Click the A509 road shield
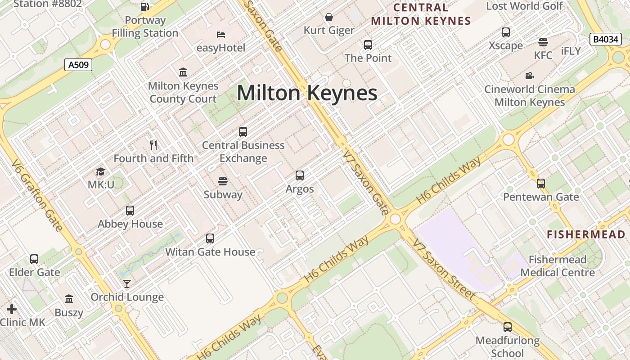click(78, 65)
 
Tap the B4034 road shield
click(605, 39)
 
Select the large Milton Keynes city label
click(307, 93)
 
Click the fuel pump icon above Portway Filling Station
click(145, 7)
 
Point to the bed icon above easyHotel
click(221, 35)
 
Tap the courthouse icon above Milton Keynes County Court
click(183, 72)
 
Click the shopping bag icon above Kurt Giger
click(329, 17)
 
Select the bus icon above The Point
click(368, 45)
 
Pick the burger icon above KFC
click(543, 42)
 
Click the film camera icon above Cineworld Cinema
click(530, 76)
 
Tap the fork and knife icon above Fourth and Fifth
click(153, 145)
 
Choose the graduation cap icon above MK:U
click(100, 171)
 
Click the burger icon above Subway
click(223, 181)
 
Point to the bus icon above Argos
click(300, 175)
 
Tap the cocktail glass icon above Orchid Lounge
click(127, 283)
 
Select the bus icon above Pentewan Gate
click(541, 184)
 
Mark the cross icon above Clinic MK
click(12, 309)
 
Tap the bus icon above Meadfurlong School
click(508, 327)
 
